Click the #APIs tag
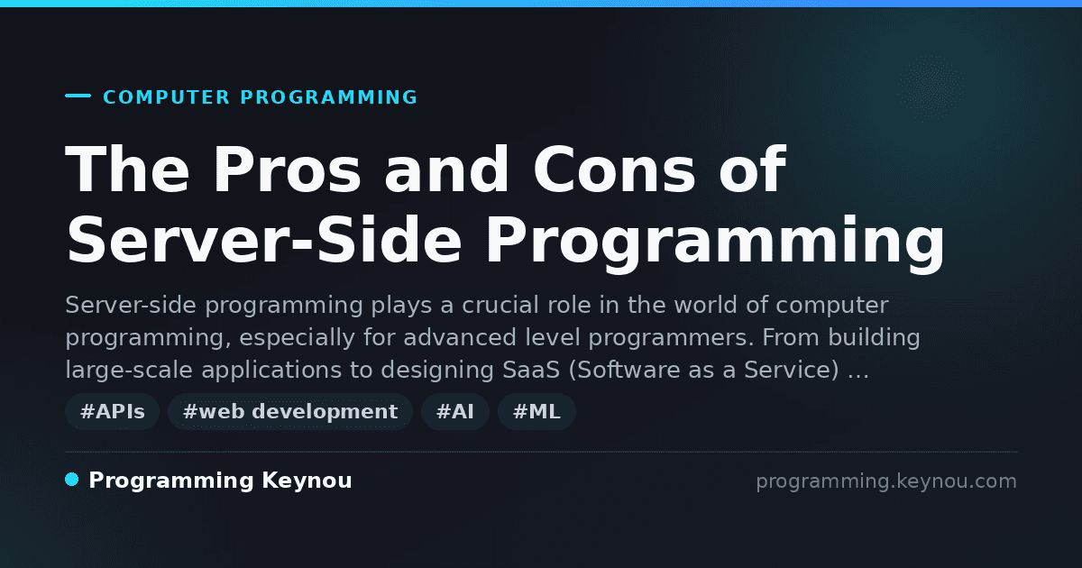[112, 411]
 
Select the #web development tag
[289, 411]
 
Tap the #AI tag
[455, 411]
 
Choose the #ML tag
[536, 411]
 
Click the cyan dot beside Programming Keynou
[72, 480]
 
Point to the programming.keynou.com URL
[886, 481]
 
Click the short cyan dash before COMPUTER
[78, 96]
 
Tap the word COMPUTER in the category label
[166, 97]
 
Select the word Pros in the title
[287, 169]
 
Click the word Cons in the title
[614, 169]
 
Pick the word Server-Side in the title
[263, 240]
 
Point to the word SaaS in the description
[531, 370]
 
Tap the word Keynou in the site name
[307, 481]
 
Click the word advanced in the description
[460, 337]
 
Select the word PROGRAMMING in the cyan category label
[329, 97]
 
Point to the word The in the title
[127, 169]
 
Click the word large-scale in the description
[129, 371]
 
